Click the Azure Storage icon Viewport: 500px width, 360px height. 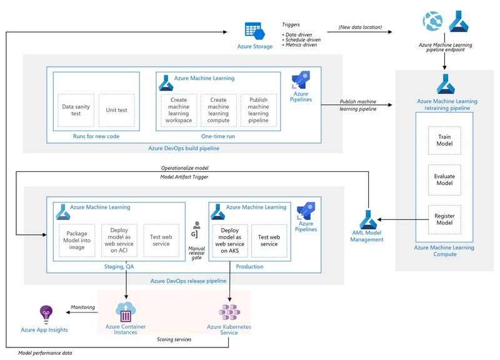coord(254,30)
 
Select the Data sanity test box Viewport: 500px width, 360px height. coord(75,110)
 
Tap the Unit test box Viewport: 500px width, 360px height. coord(117,110)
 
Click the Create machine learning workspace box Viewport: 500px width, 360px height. coord(178,110)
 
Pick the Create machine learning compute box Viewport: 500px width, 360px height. coord(218,110)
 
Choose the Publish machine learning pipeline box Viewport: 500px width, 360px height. coord(258,110)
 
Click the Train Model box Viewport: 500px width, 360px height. coord(444,142)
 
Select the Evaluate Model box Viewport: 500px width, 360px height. coord(444,181)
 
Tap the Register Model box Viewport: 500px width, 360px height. coord(444,219)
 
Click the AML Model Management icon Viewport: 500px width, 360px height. coord(367,219)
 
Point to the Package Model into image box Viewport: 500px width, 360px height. coord(77,239)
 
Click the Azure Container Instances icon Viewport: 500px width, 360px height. coord(126,311)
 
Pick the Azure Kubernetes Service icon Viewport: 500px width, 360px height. coord(230,311)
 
